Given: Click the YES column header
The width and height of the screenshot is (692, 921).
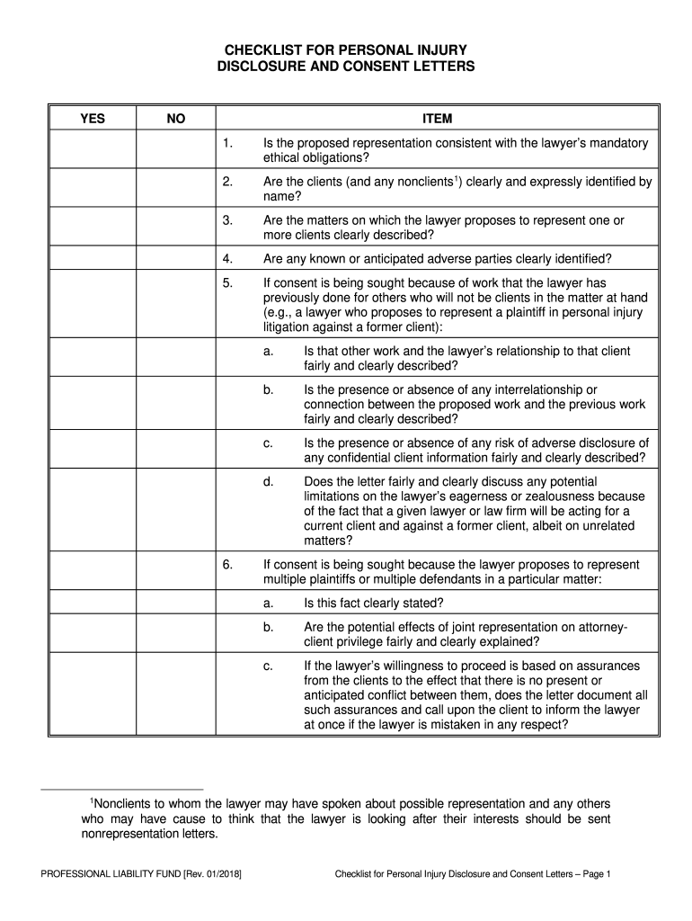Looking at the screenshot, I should (92, 119).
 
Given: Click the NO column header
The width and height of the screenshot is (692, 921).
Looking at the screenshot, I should (176, 119).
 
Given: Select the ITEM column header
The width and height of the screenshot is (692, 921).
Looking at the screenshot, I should (438, 119).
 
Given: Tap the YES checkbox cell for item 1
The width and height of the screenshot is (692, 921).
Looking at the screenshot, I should (92, 150).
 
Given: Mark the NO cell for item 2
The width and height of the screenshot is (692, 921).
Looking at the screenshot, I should (176, 188).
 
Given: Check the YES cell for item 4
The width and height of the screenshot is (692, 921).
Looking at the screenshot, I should (92, 259).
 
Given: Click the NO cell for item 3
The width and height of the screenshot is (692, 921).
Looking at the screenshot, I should (176, 227).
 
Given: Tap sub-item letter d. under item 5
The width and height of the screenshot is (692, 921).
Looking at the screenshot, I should (268, 481).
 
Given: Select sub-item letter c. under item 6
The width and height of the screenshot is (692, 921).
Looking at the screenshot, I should (268, 666).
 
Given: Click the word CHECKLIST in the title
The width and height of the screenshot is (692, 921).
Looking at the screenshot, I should (272, 50).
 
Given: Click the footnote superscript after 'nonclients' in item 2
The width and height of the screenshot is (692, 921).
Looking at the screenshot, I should (457, 178).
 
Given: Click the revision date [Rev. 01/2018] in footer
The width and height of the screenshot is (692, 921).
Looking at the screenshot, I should (212, 873).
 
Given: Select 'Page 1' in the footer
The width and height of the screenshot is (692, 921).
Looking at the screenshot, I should (594, 873).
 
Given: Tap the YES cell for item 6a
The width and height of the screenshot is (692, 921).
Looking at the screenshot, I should (92, 602).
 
